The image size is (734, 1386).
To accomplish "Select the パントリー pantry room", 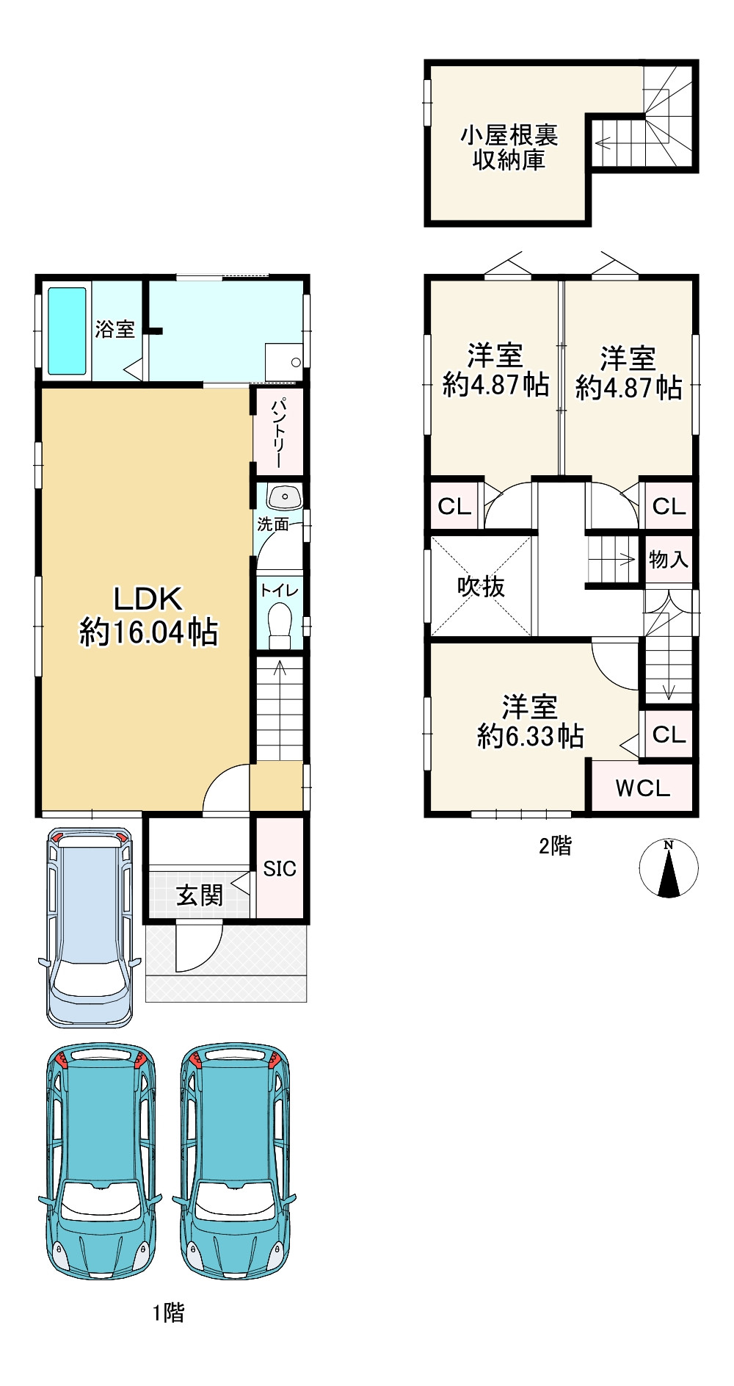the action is pyautogui.click(x=278, y=433).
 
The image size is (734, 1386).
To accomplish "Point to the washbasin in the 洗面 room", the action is pyautogui.click(x=285, y=497).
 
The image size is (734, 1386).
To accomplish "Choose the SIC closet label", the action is pyautogui.click(x=280, y=868).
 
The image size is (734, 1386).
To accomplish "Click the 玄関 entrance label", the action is pyautogui.click(x=200, y=895).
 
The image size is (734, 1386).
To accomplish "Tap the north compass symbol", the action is pyautogui.click(x=669, y=868).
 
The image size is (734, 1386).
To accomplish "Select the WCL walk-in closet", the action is pyautogui.click(x=642, y=787).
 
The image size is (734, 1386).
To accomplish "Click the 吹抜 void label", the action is pyautogui.click(x=481, y=586).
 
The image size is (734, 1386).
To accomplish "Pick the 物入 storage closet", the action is pyautogui.click(x=669, y=560).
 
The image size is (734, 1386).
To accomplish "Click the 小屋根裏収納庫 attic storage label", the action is pyautogui.click(x=509, y=148).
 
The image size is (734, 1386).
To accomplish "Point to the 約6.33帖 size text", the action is pyautogui.click(x=530, y=735).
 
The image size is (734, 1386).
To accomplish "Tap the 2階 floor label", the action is pyautogui.click(x=555, y=846).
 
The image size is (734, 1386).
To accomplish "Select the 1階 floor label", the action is pyautogui.click(x=168, y=1313).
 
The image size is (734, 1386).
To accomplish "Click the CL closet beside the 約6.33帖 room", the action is pyautogui.click(x=669, y=734).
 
